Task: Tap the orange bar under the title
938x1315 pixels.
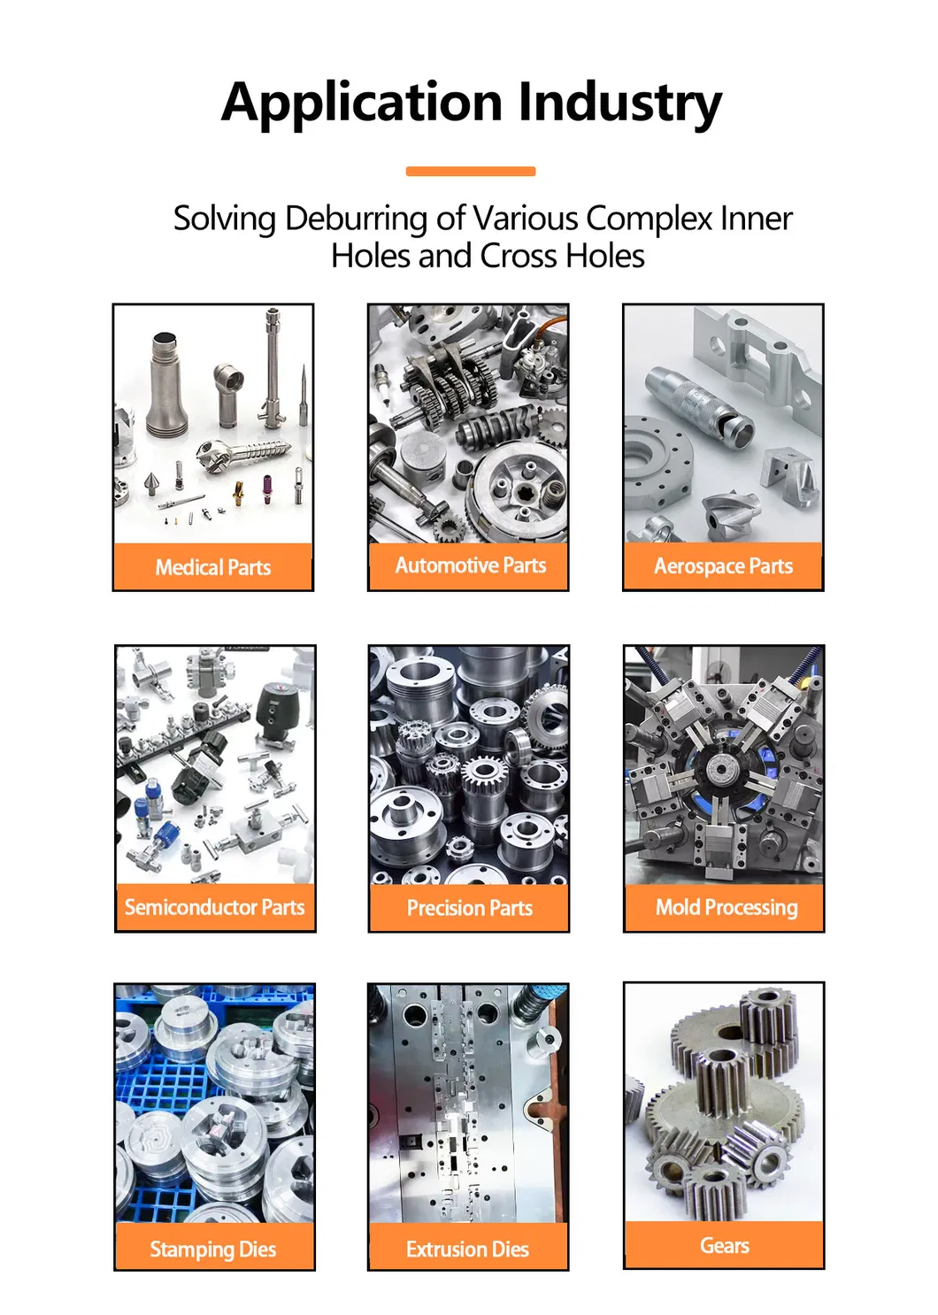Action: (x=470, y=171)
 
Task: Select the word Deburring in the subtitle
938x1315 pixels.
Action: (x=357, y=219)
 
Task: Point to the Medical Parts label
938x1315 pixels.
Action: (x=213, y=567)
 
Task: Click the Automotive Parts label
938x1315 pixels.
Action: (x=470, y=565)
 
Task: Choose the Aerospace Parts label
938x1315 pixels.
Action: (x=723, y=566)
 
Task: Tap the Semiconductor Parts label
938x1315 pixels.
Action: (x=215, y=907)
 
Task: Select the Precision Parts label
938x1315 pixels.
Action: (x=470, y=908)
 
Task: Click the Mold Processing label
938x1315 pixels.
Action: (x=727, y=908)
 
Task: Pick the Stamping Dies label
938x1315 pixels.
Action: (x=213, y=1249)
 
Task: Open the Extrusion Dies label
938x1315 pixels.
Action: (x=467, y=1249)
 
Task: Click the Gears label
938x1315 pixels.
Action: (x=725, y=1245)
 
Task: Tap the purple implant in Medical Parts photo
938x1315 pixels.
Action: (x=267, y=488)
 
